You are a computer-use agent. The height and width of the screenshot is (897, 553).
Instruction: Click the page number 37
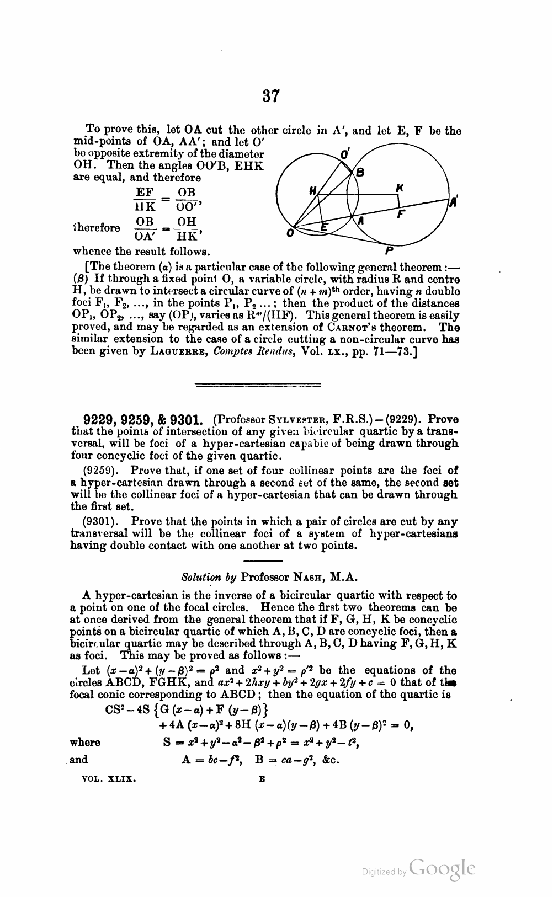pos(271,96)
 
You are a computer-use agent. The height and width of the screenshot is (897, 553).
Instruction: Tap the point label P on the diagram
pos(389,249)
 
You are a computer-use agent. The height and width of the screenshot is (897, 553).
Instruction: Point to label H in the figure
pos(312,191)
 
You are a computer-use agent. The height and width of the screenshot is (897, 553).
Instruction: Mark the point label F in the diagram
pos(402,216)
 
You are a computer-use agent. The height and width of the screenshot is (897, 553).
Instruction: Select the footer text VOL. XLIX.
pos(109,780)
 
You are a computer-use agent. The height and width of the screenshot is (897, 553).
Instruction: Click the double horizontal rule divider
pos(271,385)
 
